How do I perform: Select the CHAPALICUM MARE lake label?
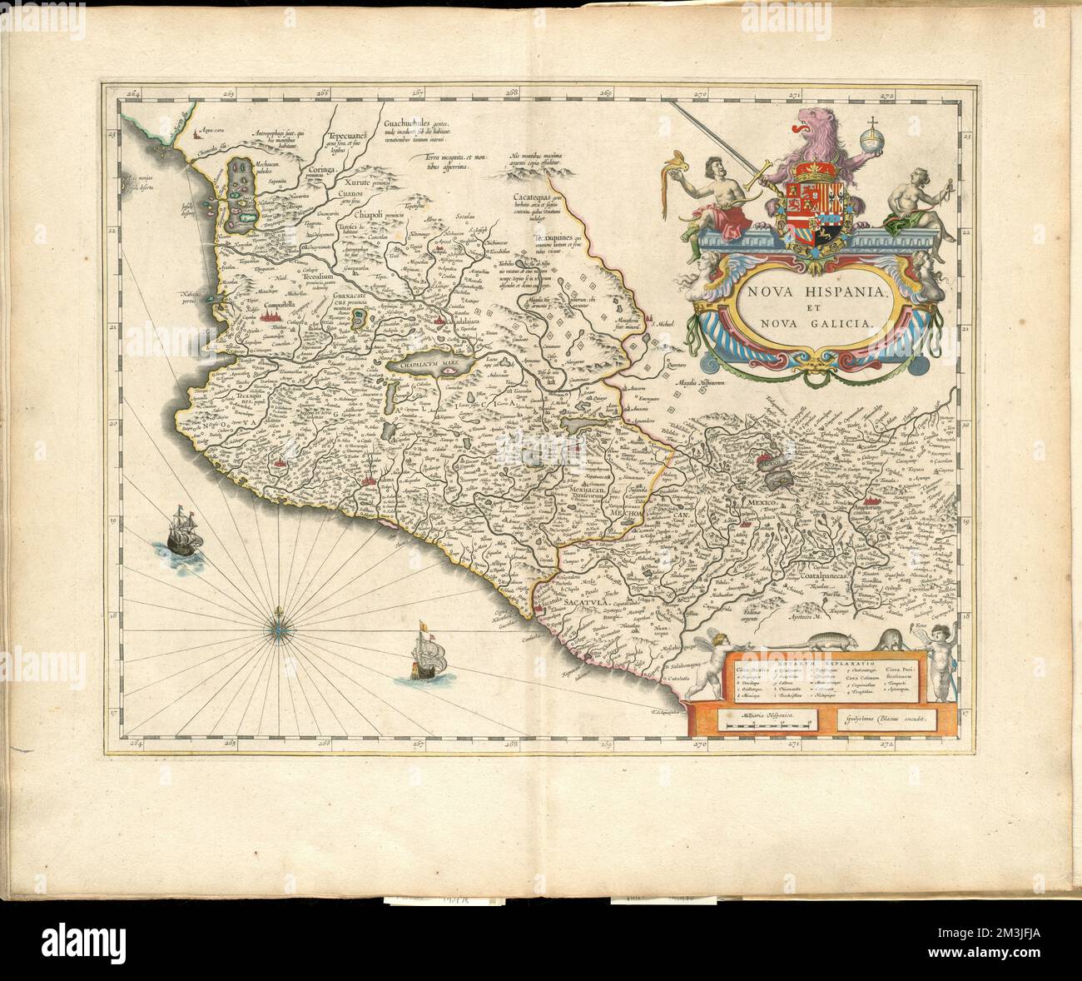click(x=425, y=365)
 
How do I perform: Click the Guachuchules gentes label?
click(x=414, y=124)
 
